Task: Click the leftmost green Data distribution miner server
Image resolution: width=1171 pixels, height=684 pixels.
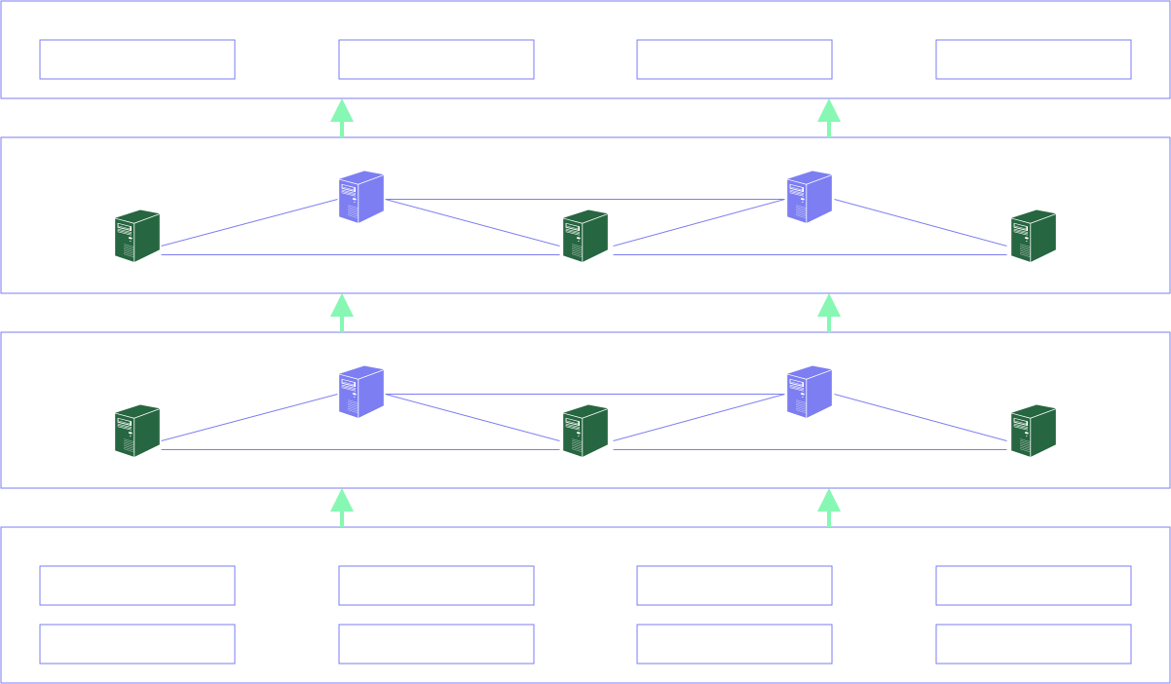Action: pos(137,236)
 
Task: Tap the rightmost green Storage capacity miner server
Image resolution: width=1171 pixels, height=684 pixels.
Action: pos(1034,431)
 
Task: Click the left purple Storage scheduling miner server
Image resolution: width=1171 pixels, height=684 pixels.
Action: pos(361,392)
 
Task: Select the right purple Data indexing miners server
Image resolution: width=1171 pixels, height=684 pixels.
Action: pos(810,197)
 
